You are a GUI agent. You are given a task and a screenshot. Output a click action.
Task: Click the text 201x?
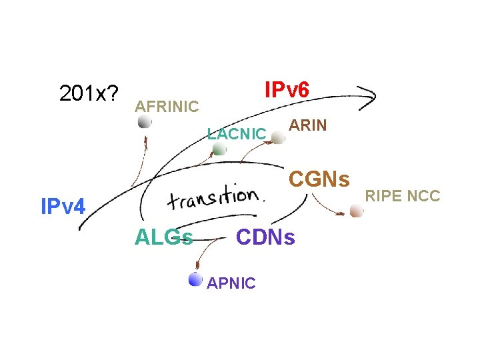coord(87,95)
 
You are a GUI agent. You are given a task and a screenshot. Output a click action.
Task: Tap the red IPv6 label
coord(287,89)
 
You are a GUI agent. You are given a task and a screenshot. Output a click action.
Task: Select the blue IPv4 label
coord(63,207)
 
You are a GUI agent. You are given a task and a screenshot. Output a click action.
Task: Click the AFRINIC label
coord(167,106)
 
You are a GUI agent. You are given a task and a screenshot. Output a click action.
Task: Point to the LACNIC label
coord(236,133)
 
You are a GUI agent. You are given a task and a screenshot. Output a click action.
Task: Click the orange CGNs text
coord(319,179)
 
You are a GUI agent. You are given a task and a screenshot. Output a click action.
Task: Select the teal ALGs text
coord(164,237)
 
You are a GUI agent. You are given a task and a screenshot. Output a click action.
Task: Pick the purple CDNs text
coord(265,237)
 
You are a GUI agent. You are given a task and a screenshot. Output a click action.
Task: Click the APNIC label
coord(231,283)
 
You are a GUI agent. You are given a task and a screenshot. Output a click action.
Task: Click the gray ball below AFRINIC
coord(145,122)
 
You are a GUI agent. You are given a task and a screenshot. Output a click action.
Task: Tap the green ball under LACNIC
coord(219,149)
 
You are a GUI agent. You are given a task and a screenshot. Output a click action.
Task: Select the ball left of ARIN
coord(278,137)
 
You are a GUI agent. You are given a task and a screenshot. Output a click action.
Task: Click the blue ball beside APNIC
coord(195,279)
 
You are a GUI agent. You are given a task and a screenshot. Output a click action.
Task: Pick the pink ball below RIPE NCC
coord(357,211)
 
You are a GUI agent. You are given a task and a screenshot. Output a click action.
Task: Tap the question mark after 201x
coord(110,95)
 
